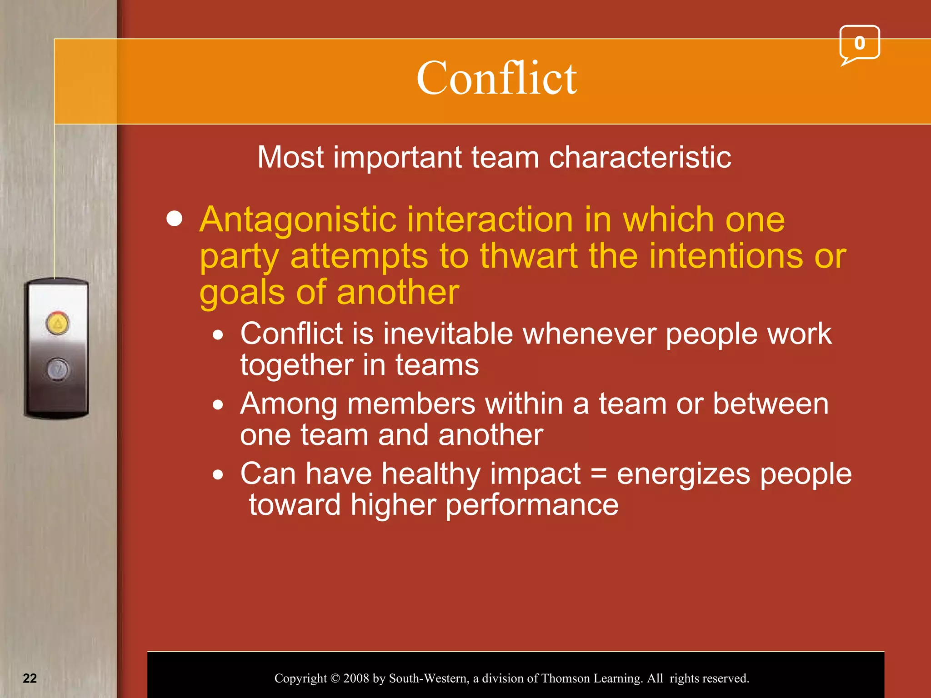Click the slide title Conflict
point(496,78)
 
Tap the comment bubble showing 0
point(859,44)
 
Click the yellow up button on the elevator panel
point(58,324)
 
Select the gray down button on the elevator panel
point(58,369)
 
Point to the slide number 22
point(30,678)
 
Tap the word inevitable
point(448,334)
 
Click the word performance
point(531,505)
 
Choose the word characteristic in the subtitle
point(640,158)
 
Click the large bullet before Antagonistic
point(175,219)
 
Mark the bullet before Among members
point(219,404)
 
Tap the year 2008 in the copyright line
point(356,678)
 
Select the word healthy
point(431,474)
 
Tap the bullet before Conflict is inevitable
point(219,335)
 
